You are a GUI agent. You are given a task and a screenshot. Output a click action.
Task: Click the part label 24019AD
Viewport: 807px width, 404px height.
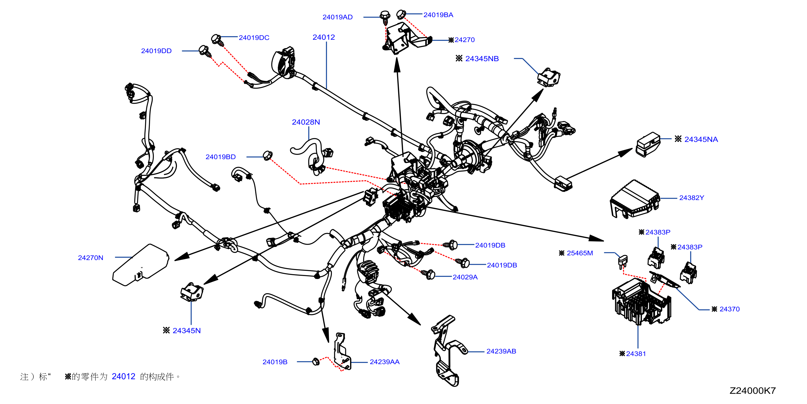(x=337, y=17)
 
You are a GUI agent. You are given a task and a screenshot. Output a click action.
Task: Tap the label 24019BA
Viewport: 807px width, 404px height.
(x=438, y=15)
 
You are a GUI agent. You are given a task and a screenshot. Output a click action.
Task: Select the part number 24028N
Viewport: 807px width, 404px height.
(x=306, y=122)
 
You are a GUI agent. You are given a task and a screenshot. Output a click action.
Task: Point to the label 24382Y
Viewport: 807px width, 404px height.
(x=691, y=198)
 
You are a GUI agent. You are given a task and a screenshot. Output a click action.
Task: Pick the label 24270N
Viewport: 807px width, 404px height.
(x=91, y=258)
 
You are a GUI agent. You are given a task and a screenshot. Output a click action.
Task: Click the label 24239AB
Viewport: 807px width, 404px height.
(x=501, y=351)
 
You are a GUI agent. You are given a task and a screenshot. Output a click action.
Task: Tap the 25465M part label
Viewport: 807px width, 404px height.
(x=579, y=253)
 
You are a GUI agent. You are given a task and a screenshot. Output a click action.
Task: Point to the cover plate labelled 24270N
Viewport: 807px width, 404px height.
(x=141, y=265)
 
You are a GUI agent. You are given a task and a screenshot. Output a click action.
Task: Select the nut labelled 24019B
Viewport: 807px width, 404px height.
(x=316, y=362)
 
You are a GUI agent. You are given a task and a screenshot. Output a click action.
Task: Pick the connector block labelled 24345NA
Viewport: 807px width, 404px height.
(x=648, y=144)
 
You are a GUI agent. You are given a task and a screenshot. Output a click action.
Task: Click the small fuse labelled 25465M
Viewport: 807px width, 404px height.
(x=622, y=261)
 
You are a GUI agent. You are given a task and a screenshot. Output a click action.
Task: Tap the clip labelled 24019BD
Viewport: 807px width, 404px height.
(x=267, y=155)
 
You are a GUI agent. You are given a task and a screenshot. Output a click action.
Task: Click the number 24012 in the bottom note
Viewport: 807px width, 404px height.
(x=123, y=377)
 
